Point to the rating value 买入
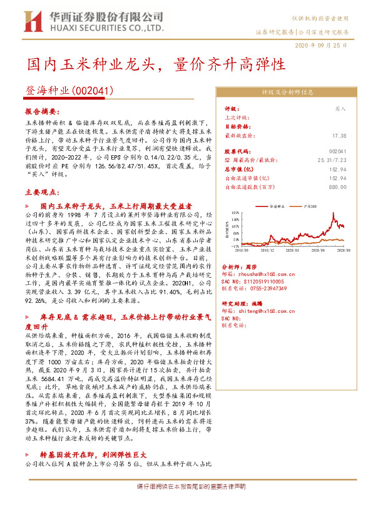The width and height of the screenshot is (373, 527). point(340,108)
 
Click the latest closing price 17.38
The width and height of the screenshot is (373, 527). point(339,135)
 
